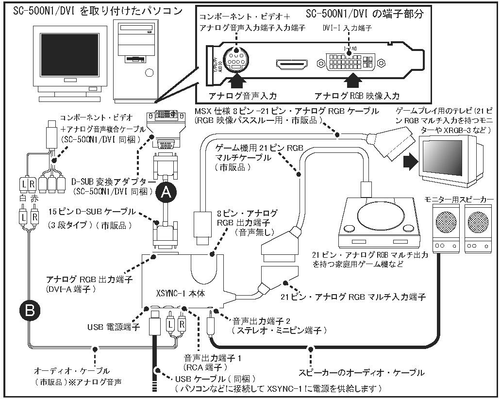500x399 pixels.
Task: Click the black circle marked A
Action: coord(167,193)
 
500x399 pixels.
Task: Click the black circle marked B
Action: coord(29,311)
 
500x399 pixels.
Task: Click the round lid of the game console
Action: coord(377,214)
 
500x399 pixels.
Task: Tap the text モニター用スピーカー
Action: coord(459,199)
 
